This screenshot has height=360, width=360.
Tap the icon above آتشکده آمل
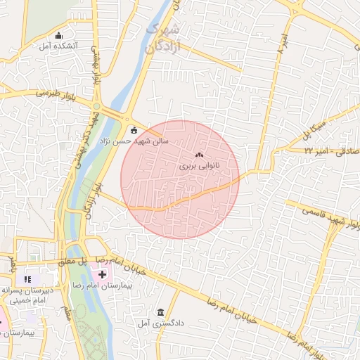coord(58,35)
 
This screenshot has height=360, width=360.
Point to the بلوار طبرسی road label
coord(34,92)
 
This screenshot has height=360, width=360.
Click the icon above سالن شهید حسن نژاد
coord(134,129)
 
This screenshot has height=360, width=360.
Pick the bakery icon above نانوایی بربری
coord(198,155)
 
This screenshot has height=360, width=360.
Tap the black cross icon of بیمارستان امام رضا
coord(103,273)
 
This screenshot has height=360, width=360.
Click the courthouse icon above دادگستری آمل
coord(162,312)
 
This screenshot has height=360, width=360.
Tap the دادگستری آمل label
coord(162,323)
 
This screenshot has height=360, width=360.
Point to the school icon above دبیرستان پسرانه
coord(27,279)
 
